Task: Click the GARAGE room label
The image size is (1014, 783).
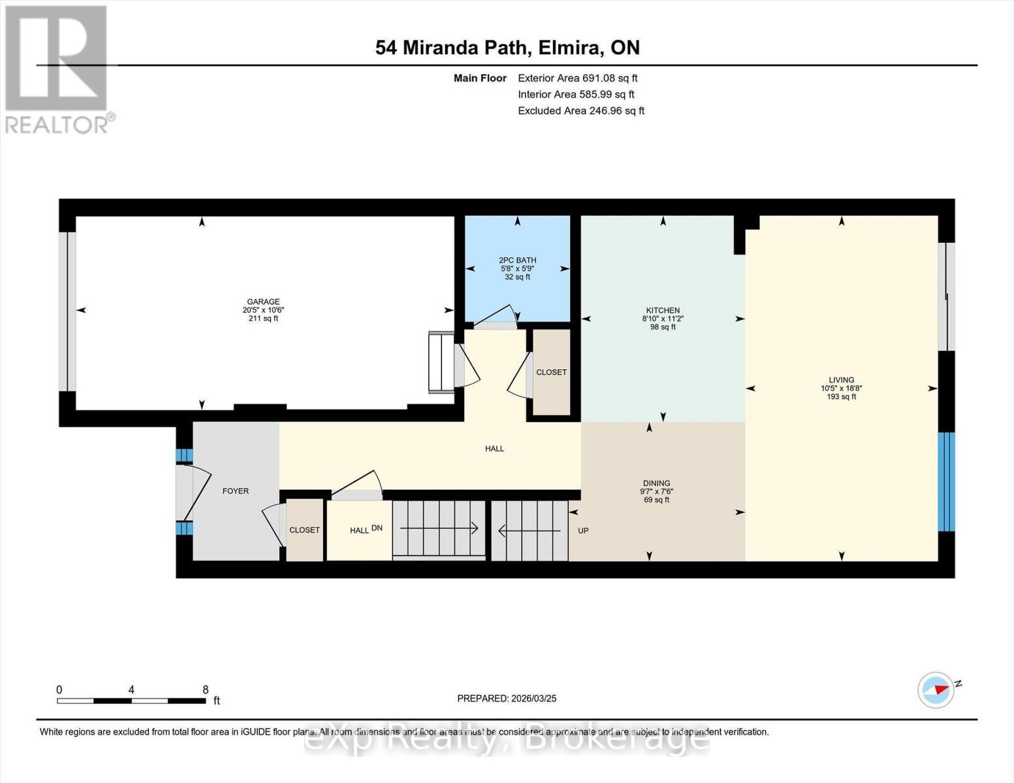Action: [263, 302]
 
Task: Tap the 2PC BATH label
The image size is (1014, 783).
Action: [517, 260]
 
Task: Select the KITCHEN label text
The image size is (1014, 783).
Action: [663, 311]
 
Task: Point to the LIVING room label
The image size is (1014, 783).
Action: [841, 380]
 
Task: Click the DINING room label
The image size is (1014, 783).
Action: [656, 484]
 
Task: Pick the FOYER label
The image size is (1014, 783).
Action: [236, 491]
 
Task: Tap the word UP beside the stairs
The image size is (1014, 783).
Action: [583, 530]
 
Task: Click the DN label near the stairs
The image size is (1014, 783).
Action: [377, 528]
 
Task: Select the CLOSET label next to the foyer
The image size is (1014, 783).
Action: [304, 530]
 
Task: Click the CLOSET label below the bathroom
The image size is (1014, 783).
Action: [551, 372]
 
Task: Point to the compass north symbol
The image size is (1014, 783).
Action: [936, 690]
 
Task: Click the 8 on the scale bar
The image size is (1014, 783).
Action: [206, 690]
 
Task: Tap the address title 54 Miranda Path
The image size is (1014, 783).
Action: [507, 48]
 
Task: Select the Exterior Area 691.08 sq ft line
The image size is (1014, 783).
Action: [577, 78]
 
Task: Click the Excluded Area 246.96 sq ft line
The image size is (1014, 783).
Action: [580, 111]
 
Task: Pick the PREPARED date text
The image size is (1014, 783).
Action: [507, 698]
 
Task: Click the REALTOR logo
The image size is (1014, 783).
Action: [57, 69]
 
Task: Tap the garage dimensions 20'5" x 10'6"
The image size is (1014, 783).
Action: [263, 311]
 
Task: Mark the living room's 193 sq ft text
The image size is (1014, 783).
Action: [841, 397]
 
